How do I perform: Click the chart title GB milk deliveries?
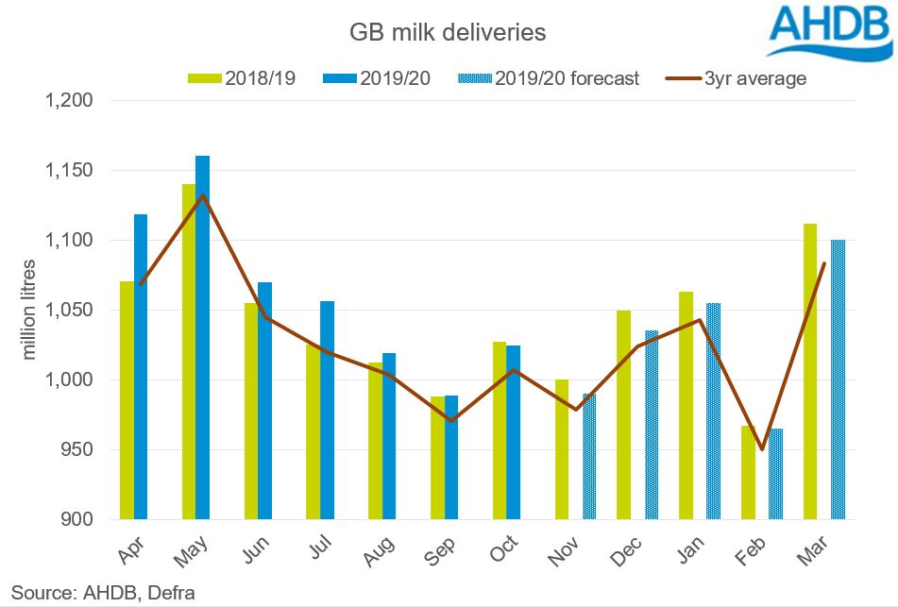pyautogui.click(x=448, y=32)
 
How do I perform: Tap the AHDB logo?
pyautogui.click(x=827, y=32)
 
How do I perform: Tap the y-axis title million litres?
pyautogui.click(x=28, y=309)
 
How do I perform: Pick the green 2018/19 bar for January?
pyautogui.click(x=686, y=405)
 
